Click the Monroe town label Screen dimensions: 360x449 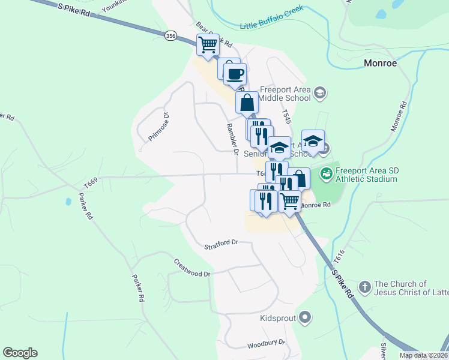(x=381, y=63)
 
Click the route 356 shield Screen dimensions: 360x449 (x=171, y=37)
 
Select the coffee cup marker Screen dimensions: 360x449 (x=235, y=74)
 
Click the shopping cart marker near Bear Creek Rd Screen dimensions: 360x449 (x=208, y=44)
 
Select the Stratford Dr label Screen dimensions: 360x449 (x=221, y=245)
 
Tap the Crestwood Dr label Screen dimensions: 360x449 (x=193, y=268)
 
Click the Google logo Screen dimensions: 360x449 (x=20, y=353)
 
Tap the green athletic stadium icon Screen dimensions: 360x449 (x=326, y=174)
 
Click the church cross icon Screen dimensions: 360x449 (x=364, y=287)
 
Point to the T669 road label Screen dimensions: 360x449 (x=91, y=182)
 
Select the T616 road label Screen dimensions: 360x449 (x=340, y=257)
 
